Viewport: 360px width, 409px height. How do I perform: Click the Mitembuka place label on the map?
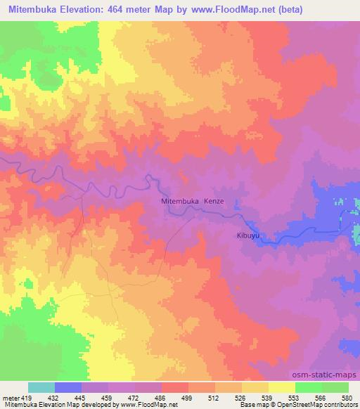coord(181,201)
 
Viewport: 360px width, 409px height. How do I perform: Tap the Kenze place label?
coord(214,201)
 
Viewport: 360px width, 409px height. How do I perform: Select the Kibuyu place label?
coord(247,236)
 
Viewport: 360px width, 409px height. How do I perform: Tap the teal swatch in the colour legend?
coord(41,387)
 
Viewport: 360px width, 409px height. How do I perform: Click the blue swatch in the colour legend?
coord(68,387)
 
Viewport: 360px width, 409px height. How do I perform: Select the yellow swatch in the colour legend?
coord(282,387)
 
